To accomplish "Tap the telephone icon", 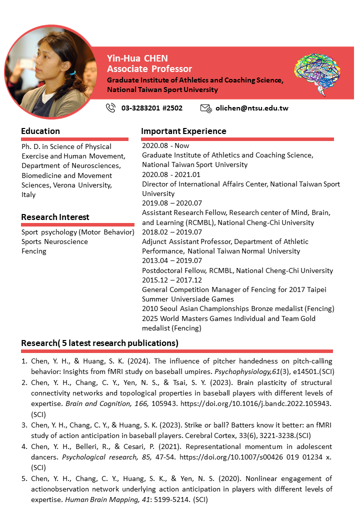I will [111, 107].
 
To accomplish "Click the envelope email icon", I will [205, 108].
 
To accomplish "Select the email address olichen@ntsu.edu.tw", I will [251, 108].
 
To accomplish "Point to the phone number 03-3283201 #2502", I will [151, 108].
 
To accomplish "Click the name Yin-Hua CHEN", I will [137, 58].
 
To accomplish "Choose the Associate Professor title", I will [149, 69].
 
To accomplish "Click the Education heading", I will [40, 131].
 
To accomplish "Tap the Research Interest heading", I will [55, 217].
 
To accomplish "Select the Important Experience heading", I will [183, 131].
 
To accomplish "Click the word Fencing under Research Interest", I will [34, 251].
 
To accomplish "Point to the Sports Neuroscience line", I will [54, 241].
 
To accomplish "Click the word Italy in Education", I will [28, 194].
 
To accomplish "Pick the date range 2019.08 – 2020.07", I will [172, 203].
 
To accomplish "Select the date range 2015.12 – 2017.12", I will [172, 280].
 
